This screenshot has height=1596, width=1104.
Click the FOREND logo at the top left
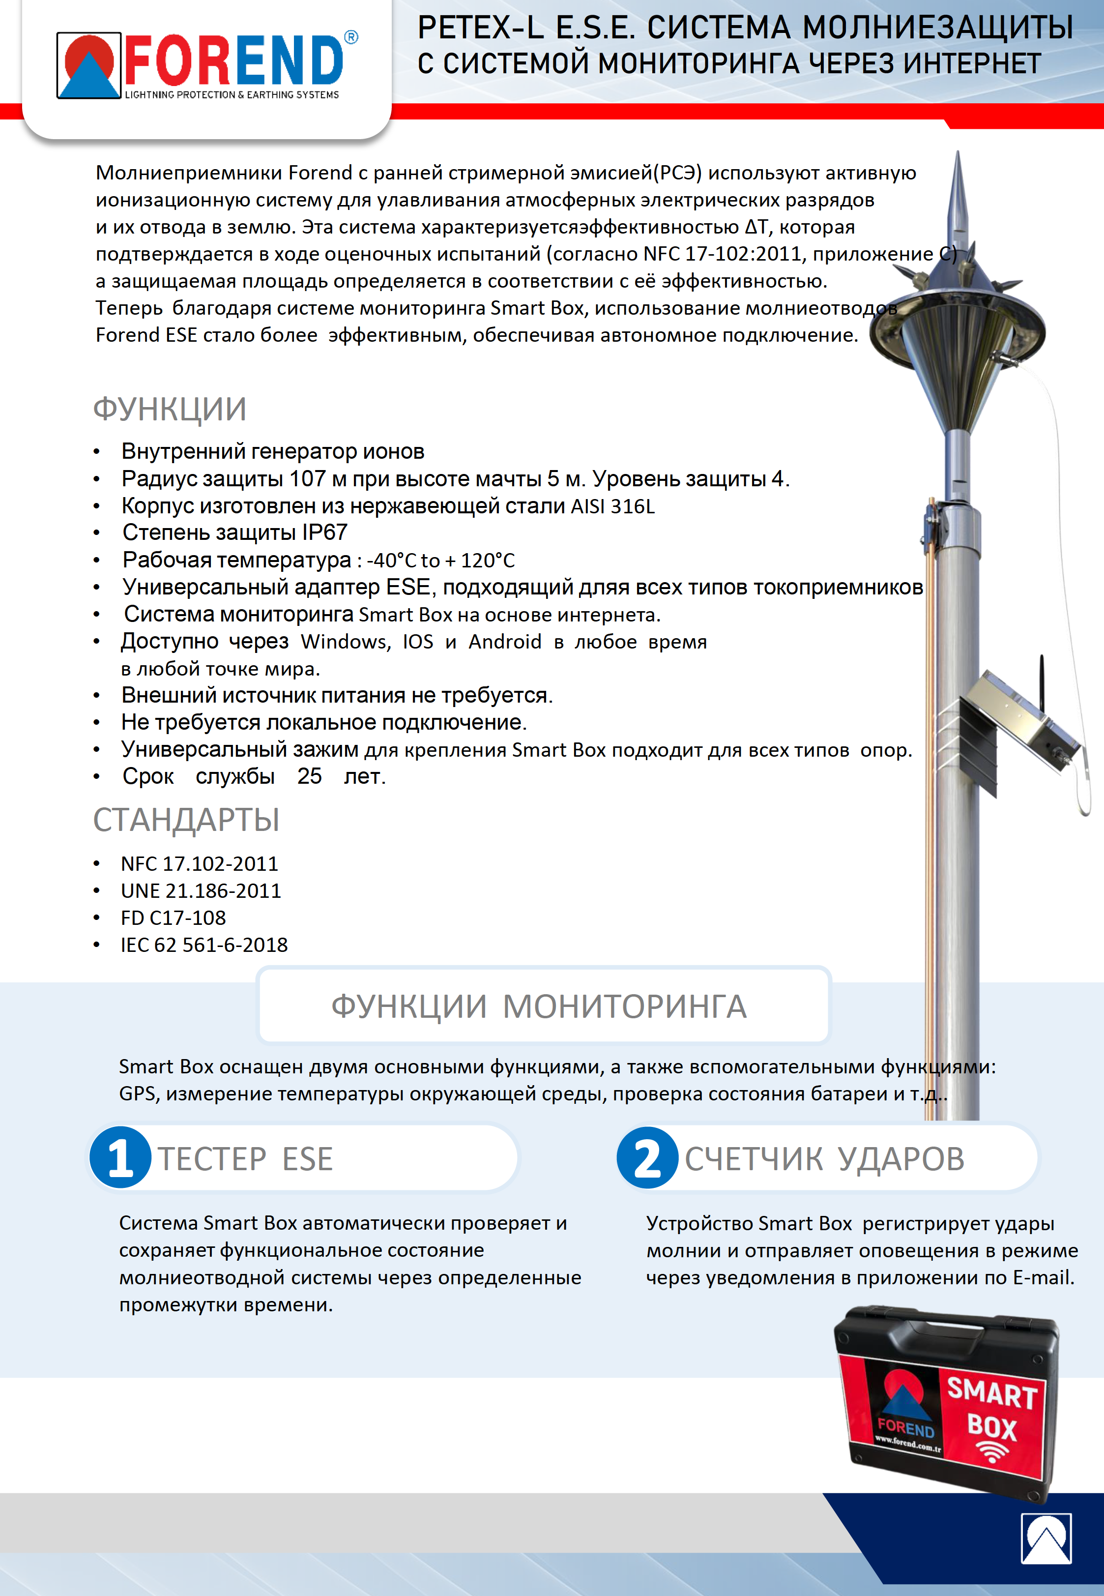tap(206, 66)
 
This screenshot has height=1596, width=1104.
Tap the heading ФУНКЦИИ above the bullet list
tap(170, 409)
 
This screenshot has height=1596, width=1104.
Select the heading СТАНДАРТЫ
tap(186, 820)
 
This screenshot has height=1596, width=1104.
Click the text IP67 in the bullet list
tap(324, 532)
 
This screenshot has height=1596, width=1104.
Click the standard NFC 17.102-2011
tap(199, 864)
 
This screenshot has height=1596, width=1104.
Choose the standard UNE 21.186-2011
tap(201, 891)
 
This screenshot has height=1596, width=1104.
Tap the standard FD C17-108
tap(173, 918)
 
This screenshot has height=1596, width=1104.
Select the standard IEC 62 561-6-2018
tap(204, 945)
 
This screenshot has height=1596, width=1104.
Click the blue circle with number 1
tap(120, 1157)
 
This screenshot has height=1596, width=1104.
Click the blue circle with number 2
tap(647, 1157)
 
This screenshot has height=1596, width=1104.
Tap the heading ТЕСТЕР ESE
tap(246, 1159)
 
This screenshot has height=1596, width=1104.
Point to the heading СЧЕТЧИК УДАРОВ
tap(824, 1159)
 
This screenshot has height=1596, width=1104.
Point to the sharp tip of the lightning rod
tap(958, 156)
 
